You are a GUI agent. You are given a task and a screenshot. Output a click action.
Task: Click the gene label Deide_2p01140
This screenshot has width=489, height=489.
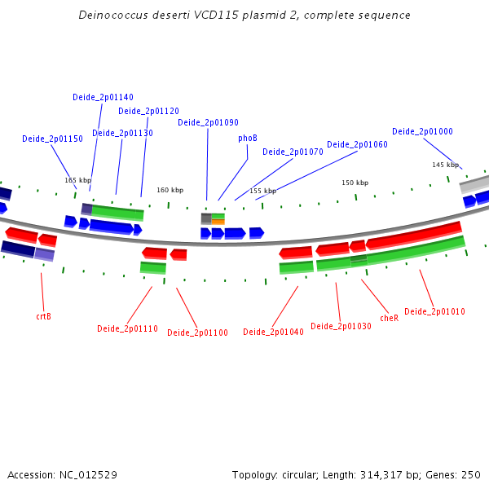click(x=103, y=97)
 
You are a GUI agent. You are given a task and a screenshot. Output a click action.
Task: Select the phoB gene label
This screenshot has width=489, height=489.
click(x=248, y=139)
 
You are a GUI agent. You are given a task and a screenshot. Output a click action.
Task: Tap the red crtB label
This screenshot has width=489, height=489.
click(x=44, y=316)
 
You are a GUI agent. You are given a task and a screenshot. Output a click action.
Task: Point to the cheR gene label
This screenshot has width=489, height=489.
click(x=390, y=318)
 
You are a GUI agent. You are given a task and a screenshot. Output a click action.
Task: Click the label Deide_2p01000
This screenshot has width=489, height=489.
click(x=422, y=131)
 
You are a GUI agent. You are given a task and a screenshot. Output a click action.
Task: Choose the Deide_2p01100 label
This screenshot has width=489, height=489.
click(x=197, y=333)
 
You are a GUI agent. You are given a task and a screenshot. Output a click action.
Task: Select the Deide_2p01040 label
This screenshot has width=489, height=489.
click(x=273, y=332)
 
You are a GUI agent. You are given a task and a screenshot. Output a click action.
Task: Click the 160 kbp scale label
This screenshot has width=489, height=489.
click(x=170, y=190)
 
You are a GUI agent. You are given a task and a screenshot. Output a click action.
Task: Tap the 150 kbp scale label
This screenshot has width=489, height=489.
click(x=355, y=183)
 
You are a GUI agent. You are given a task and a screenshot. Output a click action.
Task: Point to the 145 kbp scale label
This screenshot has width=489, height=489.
click(x=445, y=165)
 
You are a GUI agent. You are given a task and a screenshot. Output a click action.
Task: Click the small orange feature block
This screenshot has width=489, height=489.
click(x=218, y=222)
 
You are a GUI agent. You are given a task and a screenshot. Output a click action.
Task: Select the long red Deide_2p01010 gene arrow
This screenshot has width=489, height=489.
click(x=413, y=236)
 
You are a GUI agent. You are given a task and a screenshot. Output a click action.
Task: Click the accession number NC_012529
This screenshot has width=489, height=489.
click(x=88, y=475)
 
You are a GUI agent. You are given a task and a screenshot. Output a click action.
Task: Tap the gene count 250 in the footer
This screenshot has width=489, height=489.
click(x=471, y=475)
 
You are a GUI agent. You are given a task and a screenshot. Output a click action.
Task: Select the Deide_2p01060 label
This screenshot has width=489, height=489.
click(x=357, y=145)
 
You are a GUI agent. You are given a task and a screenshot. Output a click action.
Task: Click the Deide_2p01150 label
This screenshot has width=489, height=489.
click(x=52, y=139)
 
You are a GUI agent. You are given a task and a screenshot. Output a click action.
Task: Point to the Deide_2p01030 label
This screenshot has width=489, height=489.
click(x=341, y=327)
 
